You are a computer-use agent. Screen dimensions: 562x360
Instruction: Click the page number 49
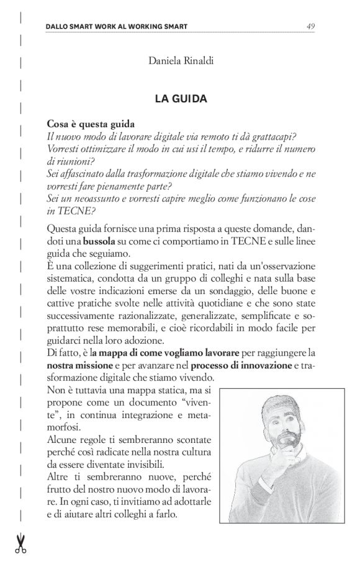click(x=310, y=27)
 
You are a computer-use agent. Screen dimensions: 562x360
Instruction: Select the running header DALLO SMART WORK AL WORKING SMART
click(x=117, y=27)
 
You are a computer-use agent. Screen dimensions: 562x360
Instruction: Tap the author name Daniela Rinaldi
click(x=180, y=60)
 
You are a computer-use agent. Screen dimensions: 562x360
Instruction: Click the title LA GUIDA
click(x=181, y=99)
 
